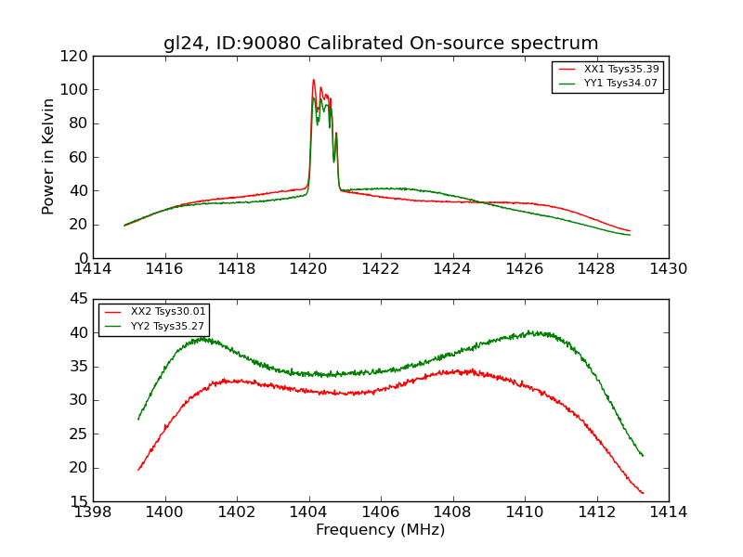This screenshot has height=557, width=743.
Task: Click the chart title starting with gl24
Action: pyautogui.click(x=381, y=44)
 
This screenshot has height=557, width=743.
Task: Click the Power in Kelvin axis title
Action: pyautogui.click(x=48, y=156)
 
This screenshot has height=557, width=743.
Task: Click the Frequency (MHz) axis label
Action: pyautogui.click(x=381, y=530)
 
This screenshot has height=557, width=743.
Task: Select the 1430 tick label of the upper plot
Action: pyautogui.click(x=668, y=269)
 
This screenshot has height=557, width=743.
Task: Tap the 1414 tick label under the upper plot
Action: pyautogui.click(x=94, y=269)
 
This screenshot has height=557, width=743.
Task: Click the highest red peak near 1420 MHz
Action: pyautogui.click(x=313, y=80)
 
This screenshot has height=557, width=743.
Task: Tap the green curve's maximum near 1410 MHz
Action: pyautogui.click(x=531, y=331)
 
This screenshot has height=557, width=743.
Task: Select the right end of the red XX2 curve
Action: pyautogui.click(x=643, y=493)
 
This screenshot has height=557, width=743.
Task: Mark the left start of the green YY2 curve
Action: pyautogui.click(x=138, y=419)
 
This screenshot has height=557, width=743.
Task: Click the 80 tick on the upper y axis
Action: pyautogui.click(x=78, y=123)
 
